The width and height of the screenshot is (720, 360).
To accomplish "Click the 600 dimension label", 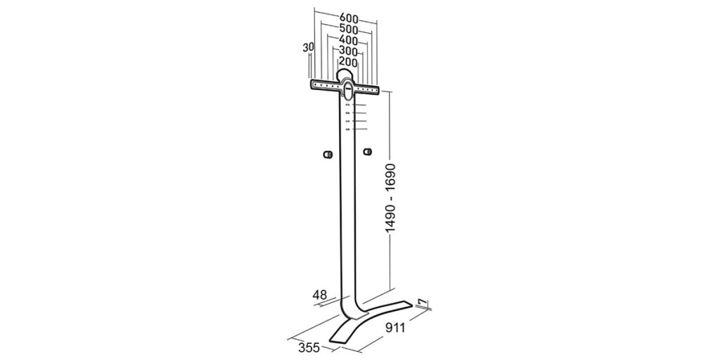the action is (349, 18).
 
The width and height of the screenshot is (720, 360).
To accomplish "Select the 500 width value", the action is (349, 30).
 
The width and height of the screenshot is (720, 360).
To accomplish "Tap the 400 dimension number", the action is (349, 40).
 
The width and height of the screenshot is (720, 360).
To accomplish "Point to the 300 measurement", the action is (349, 51).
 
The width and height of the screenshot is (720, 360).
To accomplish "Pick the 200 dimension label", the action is (349, 62).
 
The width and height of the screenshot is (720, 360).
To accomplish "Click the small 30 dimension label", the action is (308, 47).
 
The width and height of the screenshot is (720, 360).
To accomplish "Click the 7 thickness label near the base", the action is (423, 303).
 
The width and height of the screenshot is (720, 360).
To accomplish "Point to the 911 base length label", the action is (395, 328).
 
